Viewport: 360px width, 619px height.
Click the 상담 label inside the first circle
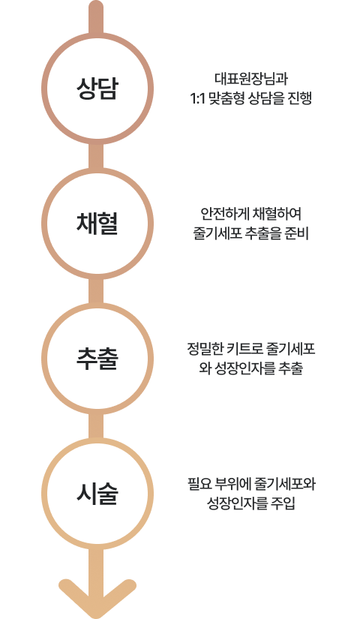pyautogui.click(x=97, y=88)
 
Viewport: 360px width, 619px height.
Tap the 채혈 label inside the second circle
pyautogui.click(x=97, y=224)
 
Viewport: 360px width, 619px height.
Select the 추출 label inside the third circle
pyautogui.click(x=97, y=359)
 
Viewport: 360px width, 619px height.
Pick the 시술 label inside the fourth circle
pyautogui.click(x=97, y=494)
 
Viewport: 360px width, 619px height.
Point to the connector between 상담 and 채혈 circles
pyautogui.click(x=96, y=156)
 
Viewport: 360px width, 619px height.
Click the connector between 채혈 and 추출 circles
pyautogui.click(x=96, y=291)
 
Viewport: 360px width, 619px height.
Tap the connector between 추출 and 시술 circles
pyautogui.click(x=96, y=427)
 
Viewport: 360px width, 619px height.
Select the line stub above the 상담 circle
pyautogui.click(x=96, y=17)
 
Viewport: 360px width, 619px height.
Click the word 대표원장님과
pyautogui.click(x=251, y=79)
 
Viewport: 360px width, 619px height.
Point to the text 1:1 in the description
pyautogui.click(x=196, y=99)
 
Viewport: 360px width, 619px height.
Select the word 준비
pyautogui.click(x=297, y=233)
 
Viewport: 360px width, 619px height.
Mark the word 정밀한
pyautogui.click(x=205, y=350)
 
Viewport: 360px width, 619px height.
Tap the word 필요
pyautogui.click(x=199, y=485)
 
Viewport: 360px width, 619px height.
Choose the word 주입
pyautogui.click(x=283, y=503)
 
